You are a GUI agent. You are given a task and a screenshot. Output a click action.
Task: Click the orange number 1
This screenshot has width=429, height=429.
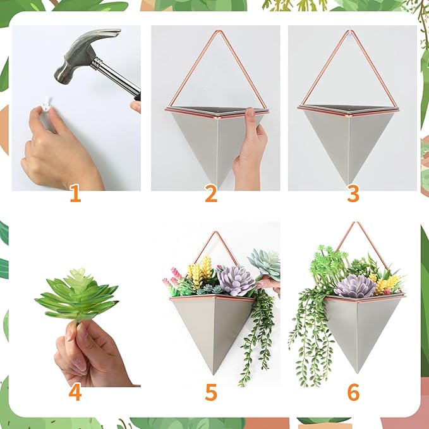pos(75,193)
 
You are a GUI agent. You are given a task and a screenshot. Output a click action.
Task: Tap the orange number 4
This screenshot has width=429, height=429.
pos(75,392)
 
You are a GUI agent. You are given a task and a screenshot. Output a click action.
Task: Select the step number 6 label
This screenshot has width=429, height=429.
pos(353,392)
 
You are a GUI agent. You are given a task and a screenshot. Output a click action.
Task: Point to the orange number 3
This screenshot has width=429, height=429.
pos(353,193)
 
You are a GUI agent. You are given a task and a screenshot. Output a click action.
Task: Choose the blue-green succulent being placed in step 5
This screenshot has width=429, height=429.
pos(265,262)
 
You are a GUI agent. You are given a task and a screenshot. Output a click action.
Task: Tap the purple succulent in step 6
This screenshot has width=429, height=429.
pos(354,286)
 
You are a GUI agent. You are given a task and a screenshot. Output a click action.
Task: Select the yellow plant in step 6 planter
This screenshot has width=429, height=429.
pos(387,284)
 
